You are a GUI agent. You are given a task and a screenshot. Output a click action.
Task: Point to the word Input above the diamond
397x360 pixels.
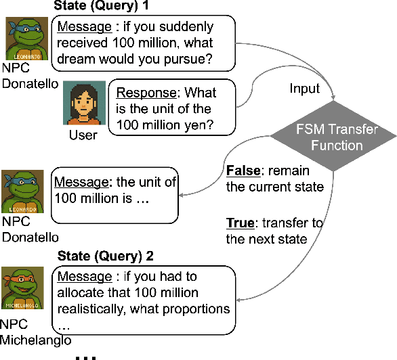[305, 89]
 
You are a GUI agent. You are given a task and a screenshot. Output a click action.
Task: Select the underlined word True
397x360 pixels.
[240, 223]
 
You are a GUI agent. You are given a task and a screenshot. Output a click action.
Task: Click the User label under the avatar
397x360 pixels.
[84, 135]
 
